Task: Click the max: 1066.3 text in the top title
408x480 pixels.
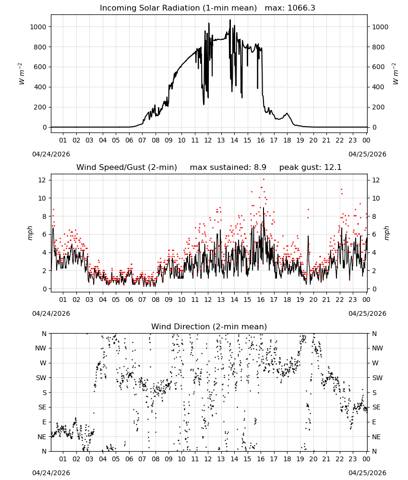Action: [290, 8]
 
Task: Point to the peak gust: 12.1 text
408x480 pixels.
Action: [310, 168]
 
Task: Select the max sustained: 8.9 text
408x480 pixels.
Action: [228, 168]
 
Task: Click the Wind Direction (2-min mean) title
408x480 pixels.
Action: [209, 326]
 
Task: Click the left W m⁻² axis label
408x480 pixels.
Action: [21, 74]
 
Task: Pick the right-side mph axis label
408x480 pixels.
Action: [386, 233]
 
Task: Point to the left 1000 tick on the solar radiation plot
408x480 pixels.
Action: [38, 27]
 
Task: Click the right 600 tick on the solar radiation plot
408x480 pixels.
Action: [378, 67]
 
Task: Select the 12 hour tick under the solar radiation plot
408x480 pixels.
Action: [208, 140]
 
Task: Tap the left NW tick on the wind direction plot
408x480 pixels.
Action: [41, 348]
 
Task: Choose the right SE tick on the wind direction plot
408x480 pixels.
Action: [376, 408]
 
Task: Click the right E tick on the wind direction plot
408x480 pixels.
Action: [374, 422]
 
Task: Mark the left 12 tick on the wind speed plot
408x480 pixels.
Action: [42, 180]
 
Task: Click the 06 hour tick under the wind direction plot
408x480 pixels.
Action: [129, 459]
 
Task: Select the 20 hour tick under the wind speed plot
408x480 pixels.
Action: [313, 300]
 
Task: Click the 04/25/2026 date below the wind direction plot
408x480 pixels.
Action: [367, 473]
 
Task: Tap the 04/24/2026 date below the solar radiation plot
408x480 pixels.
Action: [51, 154]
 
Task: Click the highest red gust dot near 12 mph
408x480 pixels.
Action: [264, 180]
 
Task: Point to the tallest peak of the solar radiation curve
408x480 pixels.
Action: [230, 20]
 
